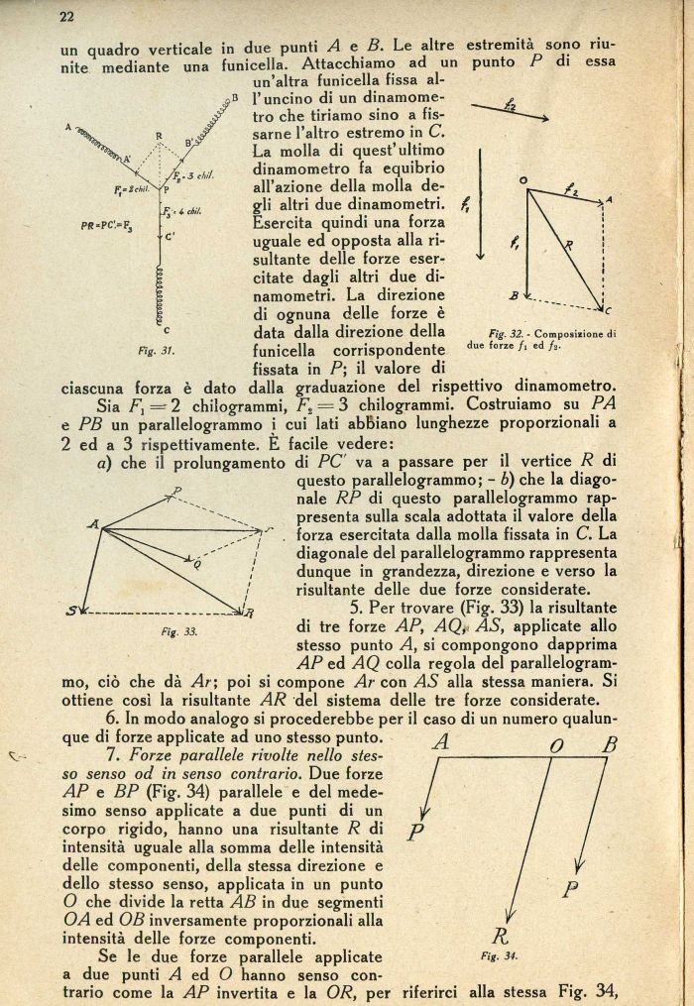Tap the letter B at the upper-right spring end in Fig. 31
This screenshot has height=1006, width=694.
pos(235,97)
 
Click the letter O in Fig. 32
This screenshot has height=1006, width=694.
pos(521,179)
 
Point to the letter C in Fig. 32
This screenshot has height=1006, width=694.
pos(608,306)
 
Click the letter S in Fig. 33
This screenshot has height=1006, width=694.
pos(72,610)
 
